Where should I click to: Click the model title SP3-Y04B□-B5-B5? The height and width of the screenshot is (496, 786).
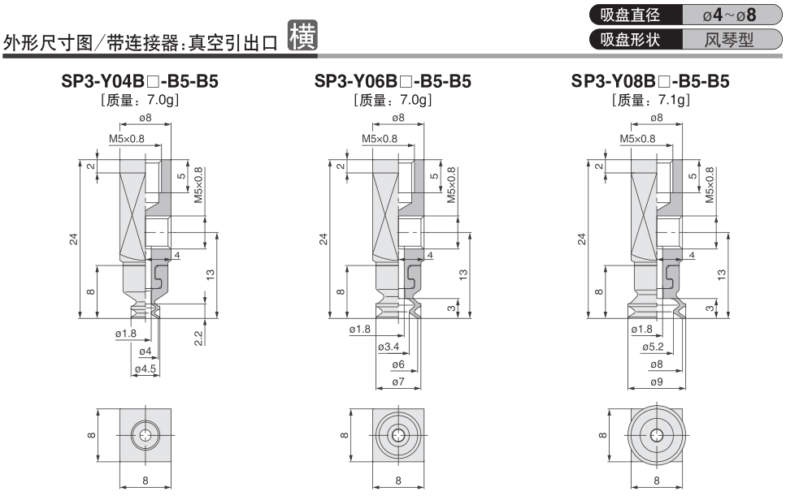(141, 81)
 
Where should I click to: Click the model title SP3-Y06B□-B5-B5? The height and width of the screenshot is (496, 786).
(393, 81)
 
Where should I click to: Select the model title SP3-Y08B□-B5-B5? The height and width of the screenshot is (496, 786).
(650, 81)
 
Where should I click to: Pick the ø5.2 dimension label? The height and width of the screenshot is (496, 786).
(654, 347)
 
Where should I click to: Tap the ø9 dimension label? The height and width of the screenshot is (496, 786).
(654, 381)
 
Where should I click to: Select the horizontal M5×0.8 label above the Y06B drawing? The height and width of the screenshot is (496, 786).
(380, 139)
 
